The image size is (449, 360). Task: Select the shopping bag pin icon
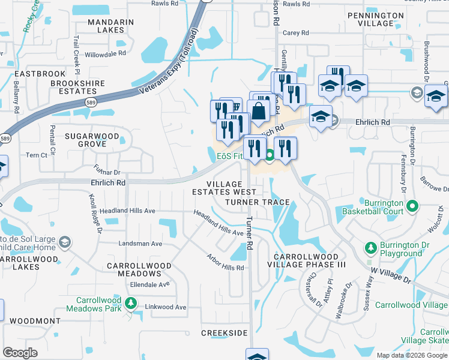coord(258,112)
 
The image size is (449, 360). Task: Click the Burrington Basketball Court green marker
coord(412,207)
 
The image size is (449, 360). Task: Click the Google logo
coord(20,353)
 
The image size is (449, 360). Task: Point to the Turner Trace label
coord(257,203)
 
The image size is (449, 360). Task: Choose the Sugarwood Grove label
coord(93,140)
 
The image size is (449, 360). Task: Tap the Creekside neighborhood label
coord(224,332)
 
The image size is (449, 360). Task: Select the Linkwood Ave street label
coord(166,307)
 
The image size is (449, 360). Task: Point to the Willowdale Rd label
coord(105,53)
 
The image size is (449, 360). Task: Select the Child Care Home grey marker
coord(65,242)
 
